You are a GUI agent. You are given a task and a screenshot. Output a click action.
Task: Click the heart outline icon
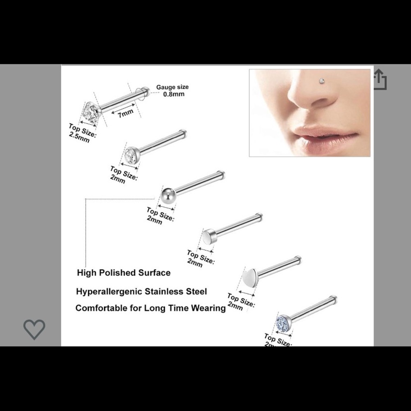34,329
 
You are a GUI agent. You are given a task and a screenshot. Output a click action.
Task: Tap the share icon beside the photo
380,79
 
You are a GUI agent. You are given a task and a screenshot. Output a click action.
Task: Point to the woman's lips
324,136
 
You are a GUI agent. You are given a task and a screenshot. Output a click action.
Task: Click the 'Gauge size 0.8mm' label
172,90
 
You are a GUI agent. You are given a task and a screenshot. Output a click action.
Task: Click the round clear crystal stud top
131,155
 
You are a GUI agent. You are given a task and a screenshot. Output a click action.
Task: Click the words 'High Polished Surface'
123,272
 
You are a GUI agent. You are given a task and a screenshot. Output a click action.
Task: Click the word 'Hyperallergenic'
109,292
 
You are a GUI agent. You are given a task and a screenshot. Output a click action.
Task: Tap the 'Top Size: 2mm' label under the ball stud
160,216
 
